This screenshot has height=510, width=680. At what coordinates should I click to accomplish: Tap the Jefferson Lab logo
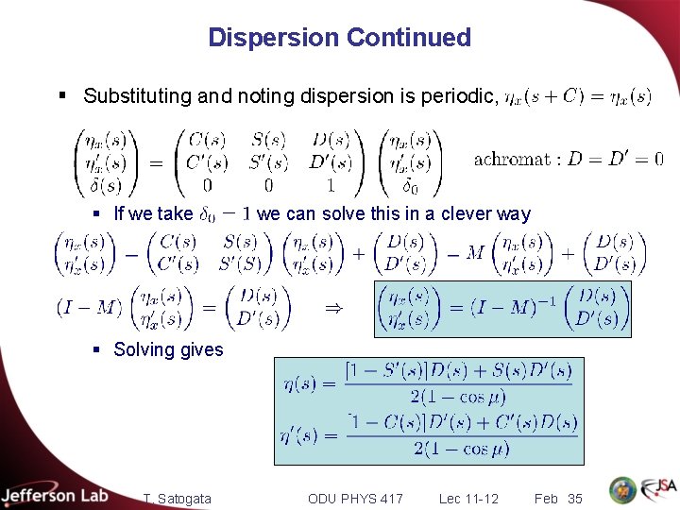tap(55, 494)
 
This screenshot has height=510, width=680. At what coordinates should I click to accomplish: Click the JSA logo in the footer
tap(657, 489)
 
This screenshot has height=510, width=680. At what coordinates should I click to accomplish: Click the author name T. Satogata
tap(178, 498)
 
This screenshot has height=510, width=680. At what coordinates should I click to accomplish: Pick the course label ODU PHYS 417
tap(355, 498)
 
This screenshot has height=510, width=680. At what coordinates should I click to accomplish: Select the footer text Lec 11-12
tap(468, 498)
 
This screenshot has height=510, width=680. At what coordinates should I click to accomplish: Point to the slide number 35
tap(574, 498)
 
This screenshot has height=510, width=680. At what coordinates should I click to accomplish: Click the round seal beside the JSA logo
tap(622, 490)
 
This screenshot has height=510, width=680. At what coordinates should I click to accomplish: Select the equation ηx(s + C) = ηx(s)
tap(577, 96)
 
